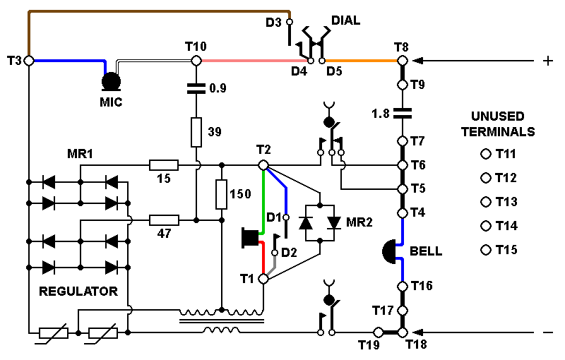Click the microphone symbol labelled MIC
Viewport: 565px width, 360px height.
point(111,81)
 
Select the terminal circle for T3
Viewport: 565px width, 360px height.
point(29,61)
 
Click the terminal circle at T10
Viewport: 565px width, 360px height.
point(196,61)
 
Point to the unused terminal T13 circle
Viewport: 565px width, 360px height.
point(485,202)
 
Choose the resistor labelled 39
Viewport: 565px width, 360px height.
point(196,131)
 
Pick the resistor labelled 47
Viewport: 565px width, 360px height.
point(164,220)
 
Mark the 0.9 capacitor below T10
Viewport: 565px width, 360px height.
point(196,89)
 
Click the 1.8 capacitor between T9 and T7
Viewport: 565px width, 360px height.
point(402,112)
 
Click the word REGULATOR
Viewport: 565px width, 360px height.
point(78,291)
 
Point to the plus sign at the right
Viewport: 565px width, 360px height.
point(547,61)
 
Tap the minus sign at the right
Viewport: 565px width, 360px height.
point(547,332)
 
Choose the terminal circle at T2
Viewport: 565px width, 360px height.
point(263,165)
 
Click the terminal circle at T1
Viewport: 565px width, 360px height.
point(263,279)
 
